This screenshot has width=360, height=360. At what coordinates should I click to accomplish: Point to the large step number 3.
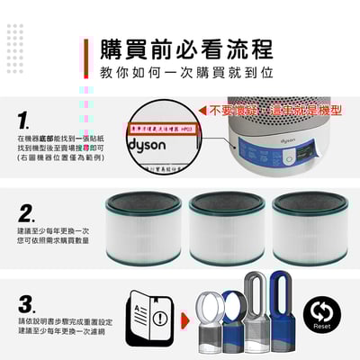[26, 302]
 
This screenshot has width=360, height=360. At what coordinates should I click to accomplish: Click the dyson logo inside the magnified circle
[148, 143]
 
